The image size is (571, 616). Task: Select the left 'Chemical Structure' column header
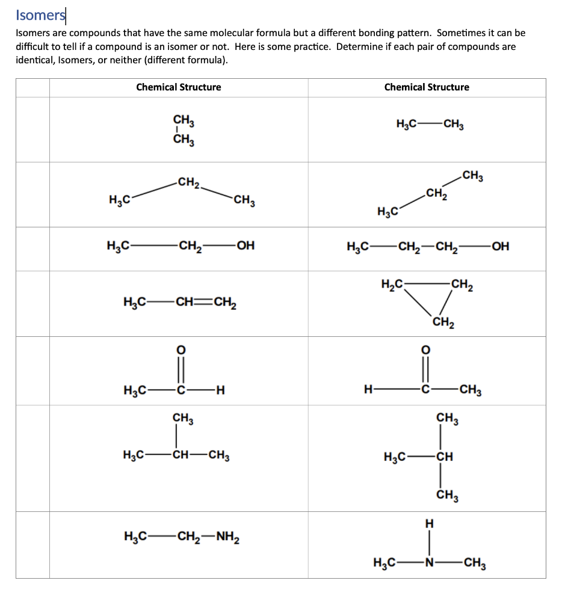178,87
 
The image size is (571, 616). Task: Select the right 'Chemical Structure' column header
427,87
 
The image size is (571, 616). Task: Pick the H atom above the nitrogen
428,525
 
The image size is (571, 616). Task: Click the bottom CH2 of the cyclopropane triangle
443,323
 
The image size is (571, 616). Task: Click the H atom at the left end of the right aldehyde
368,391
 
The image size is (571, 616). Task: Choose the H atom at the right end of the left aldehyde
221,391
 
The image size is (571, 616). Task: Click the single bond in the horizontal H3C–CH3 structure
428,125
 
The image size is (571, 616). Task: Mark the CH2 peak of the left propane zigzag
189,181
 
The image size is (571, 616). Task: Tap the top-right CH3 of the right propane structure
473,177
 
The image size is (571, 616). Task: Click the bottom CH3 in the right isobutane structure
447,496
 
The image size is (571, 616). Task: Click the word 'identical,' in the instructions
34,60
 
